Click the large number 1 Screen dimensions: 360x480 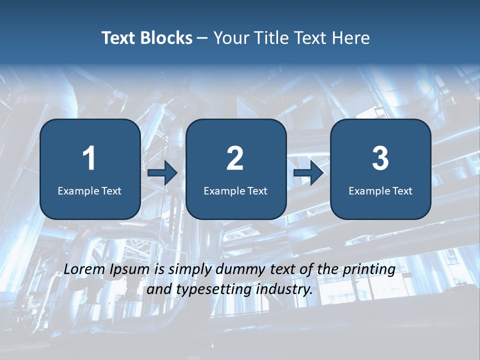(x=89, y=158)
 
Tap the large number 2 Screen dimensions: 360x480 (x=235, y=158)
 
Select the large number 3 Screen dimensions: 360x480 (x=380, y=158)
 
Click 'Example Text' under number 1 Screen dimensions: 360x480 (x=89, y=190)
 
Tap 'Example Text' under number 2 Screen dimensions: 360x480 (x=235, y=190)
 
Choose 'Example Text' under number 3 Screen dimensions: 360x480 (x=380, y=190)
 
